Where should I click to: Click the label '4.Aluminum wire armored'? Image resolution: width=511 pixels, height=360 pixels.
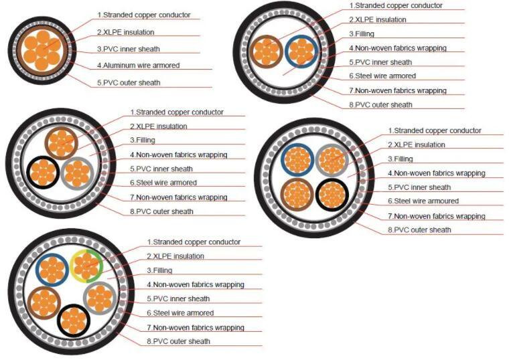tap(138, 66)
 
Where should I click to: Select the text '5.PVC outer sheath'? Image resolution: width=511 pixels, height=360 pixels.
tap(129, 83)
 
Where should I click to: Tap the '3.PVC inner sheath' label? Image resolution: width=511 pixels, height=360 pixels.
tap(129, 49)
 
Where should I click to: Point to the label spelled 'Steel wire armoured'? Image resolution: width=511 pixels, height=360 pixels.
tap(423, 201)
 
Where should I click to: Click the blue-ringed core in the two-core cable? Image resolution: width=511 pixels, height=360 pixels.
tap(301, 52)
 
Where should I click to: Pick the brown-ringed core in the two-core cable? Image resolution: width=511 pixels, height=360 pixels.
tap(267, 52)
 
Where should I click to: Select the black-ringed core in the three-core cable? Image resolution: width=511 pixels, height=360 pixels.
tap(44, 172)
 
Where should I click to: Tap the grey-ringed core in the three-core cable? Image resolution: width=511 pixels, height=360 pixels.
tap(77, 173)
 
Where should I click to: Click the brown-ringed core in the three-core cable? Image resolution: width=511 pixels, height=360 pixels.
tap(61, 143)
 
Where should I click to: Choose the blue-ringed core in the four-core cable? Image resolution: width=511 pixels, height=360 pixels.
tap(297, 160)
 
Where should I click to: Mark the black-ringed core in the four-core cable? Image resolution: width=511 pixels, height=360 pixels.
tap(332, 195)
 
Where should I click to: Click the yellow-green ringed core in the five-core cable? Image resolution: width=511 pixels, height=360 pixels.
tap(86, 266)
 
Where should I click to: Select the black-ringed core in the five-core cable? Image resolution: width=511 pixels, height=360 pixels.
tap(74, 321)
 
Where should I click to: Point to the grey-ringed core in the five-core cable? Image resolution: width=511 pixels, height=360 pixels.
tap(100, 298)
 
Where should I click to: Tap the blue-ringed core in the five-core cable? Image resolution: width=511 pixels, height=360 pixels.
tap(52, 270)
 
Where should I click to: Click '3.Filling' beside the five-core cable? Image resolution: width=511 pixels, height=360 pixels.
tap(159, 270)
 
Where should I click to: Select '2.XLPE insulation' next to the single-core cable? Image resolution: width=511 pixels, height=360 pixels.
tap(125, 32)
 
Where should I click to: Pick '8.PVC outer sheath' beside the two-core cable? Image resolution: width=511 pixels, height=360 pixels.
tap(380, 105)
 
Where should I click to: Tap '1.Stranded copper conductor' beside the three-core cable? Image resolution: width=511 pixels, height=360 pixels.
tap(177, 112)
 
